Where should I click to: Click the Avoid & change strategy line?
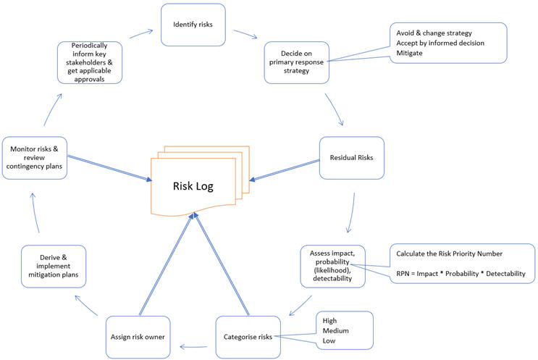tap(434, 33)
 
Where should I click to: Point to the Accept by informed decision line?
tap(440, 43)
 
